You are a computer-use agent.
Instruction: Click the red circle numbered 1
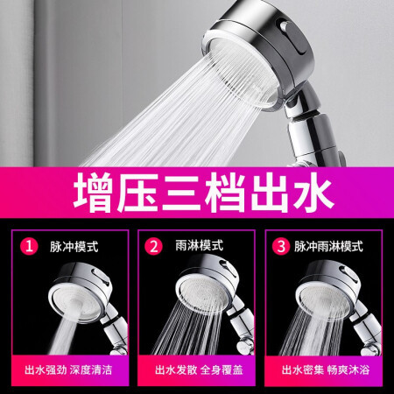(x=29, y=246)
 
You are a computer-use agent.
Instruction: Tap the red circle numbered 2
(x=153, y=246)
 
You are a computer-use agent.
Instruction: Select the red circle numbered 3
(x=281, y=246)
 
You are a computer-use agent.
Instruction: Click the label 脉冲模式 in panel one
(x=74, y=247)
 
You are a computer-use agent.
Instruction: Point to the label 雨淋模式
(x=200, y=245)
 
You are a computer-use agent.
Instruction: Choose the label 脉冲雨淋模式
(x=328, y=246)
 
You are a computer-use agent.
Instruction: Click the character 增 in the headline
(x=92, y=192)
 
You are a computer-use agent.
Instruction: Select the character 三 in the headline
(x=181, y=192)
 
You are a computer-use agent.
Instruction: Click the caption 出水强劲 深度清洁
(x=68, y=369)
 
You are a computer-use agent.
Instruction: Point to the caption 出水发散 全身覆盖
(x=199, y=369)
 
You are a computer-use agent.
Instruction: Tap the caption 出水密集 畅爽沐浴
(x=326, y=369)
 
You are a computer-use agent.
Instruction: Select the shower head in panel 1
(x=81, y=292)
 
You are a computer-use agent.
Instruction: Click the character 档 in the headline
(x=225, y=192)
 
